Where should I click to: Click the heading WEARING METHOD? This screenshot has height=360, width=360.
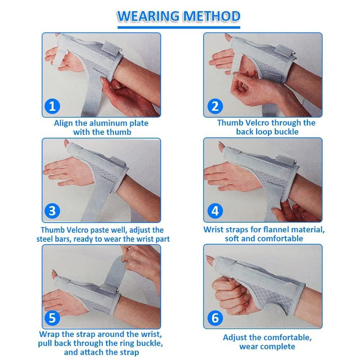[179, 17]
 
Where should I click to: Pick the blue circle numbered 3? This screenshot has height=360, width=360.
[53, 211]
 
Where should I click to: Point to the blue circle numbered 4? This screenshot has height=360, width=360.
[215, 211]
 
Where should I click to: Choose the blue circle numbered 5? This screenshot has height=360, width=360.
[53, 318]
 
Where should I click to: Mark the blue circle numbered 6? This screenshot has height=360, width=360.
[215, 318]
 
